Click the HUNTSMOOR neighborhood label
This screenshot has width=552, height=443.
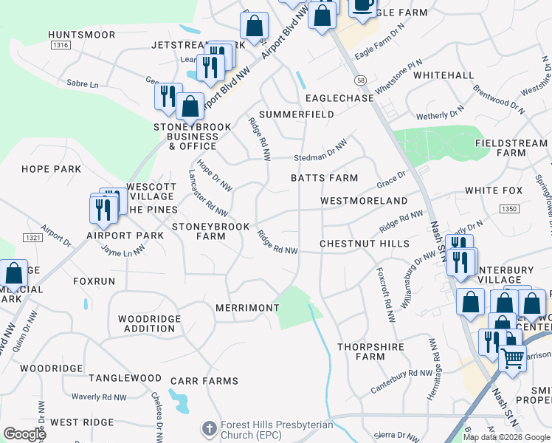coord(82,35)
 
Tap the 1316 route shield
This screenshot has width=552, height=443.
coord(61,46)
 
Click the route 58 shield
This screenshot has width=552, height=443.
coord(360,80)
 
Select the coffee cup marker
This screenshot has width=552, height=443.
coord(362,4)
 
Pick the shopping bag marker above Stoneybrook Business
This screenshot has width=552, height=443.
coord(190,106)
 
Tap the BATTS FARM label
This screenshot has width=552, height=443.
coord(324,178)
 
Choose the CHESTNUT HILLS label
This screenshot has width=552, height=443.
coord(364,244)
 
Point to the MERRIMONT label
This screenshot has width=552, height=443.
coord(247,307)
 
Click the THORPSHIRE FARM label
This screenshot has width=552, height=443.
coord(361,351)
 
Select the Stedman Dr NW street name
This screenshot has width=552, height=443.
coord(320,151)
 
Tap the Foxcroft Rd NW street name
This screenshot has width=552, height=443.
coord(384,294)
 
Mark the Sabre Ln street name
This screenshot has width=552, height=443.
coord(82,84)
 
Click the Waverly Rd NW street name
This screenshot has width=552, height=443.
coord(98,397)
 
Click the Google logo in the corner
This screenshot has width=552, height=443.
coord(24,434)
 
